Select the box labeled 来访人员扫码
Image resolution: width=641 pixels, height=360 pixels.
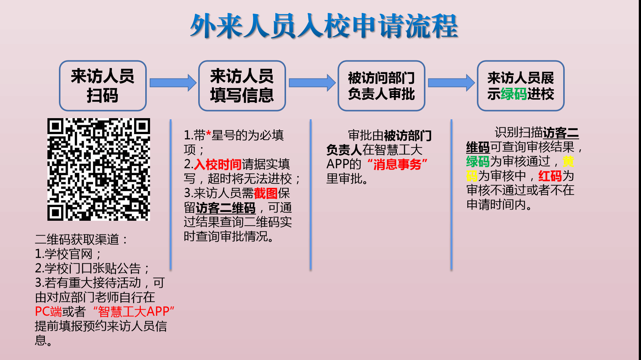point(103,86)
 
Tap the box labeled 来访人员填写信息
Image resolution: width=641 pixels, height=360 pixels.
point(242,86)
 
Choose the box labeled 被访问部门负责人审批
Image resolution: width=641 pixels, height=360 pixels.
point(381,86)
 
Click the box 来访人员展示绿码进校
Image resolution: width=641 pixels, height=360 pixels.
point(521,86)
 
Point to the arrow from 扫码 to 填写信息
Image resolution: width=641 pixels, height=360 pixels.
point(173,83)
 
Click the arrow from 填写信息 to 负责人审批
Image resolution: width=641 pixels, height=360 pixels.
point(312,83)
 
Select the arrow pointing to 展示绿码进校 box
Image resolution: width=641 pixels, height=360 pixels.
point(451,83)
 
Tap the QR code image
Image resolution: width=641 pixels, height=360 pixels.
point(99,169)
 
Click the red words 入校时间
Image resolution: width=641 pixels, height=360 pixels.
point(218,164)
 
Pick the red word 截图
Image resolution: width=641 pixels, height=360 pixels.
point(266,193)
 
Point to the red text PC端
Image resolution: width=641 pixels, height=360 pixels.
point(48,311)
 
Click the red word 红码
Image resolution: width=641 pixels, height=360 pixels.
point(550,176)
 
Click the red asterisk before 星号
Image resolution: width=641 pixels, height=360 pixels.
point(208,134)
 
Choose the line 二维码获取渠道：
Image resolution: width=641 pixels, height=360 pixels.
point(82,239)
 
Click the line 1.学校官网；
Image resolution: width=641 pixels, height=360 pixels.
point(68,254)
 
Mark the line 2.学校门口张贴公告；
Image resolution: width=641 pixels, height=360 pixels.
point(92,268)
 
